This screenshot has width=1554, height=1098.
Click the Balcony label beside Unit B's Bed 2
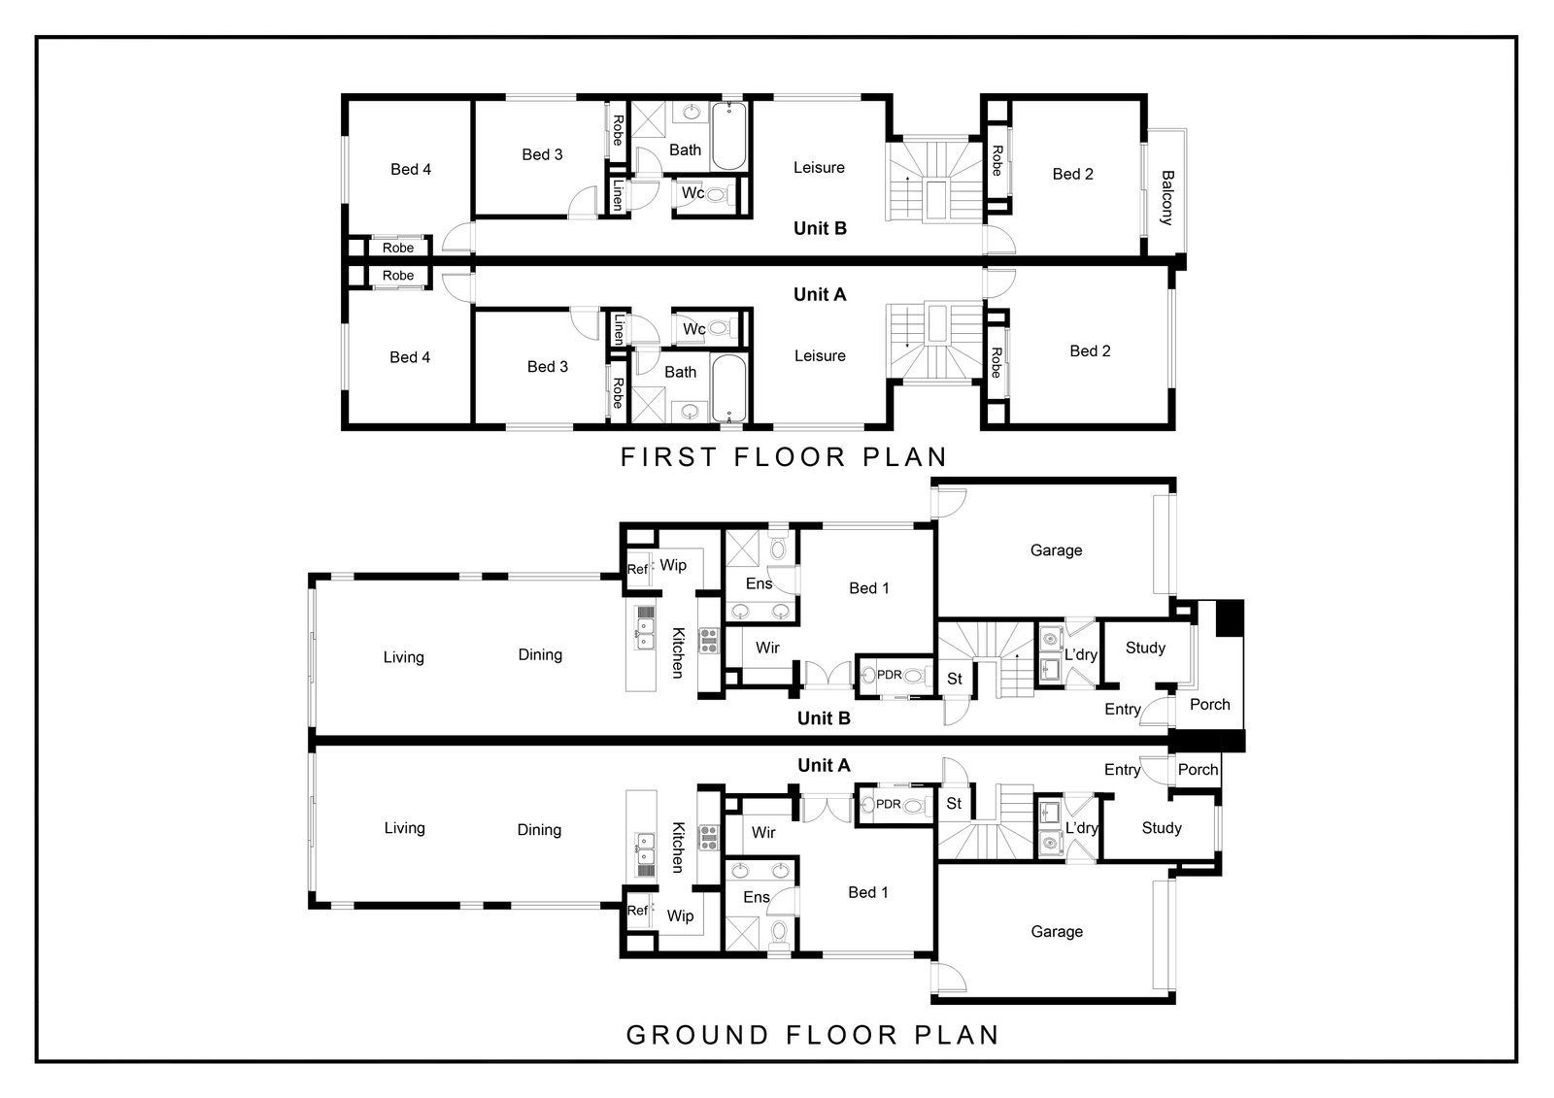(x=1166, y=198)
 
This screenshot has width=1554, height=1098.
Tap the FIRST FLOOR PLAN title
(x=784, y=457)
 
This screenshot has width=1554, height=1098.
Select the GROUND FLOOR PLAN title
(x=812, y=1035)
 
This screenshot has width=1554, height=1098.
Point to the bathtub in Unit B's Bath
(x=729, y=136)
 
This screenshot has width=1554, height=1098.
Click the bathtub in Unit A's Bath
(x=729, y=387)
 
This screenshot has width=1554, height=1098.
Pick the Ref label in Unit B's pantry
(x=637, y=570)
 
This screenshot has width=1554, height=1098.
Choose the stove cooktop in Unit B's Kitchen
(x=708, y=640)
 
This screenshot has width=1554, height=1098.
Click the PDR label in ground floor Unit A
(x=889, y=804)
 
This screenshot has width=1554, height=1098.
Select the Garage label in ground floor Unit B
(x=1056, y=550)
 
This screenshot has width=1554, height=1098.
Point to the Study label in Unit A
(x=1162, y=827)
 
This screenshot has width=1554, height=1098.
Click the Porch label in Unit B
(x=1210, y=704)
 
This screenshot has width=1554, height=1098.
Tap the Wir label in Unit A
(x=763, y=832)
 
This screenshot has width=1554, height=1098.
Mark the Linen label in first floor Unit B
(x=618, y=195)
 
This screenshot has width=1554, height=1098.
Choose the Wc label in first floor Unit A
(x=693, y=329)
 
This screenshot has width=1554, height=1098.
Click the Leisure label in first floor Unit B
(x=820, y=167)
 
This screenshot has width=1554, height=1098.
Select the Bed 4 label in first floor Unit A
(x=410, y=357)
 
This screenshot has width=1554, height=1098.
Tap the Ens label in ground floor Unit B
(x=759, y=583)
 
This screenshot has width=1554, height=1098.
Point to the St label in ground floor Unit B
(x=955, y=679)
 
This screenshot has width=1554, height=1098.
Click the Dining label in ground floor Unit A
(x=539, y=830)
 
